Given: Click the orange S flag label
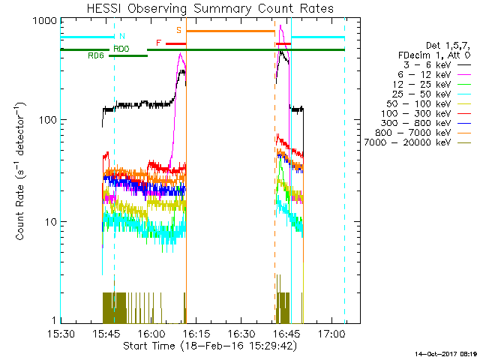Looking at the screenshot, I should click(x=178, y=30).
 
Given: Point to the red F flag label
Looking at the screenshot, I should click(x=158, y=43).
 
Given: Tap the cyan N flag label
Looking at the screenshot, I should click(x=122, y=36).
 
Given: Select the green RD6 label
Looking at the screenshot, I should click(x=95, y=55).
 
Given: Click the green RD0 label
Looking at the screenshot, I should click(x=121, y=49).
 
